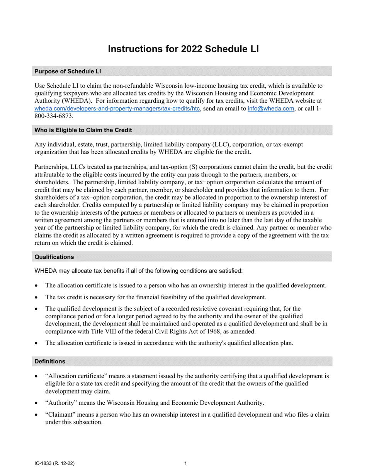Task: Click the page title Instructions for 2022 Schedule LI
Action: pyautogui.click(x=183, y=49)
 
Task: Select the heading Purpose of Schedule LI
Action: pyautogui.click(x=68, y=71)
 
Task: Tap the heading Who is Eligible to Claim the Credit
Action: pyautogui.click(x=83, y=130)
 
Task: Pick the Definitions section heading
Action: pyautogui.click(x=50, y=361)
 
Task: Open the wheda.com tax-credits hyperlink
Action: pyautogui.click(x=117, y=109)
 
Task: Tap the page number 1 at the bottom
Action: pyautogui.click(x=186, y=463)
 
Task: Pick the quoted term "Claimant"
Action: pyautogui.click(x=60, y=415)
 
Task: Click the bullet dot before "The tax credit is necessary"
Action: pyautogui.click(x=36, y=297)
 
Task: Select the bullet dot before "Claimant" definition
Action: pyautogui.click(x=36, y=415)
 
